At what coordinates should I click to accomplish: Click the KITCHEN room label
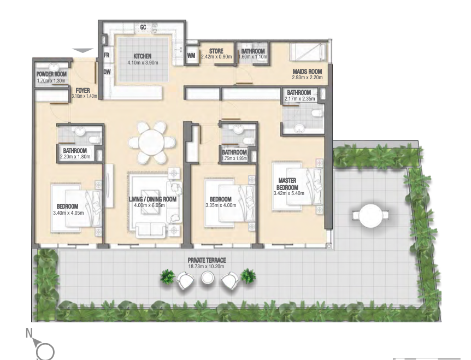(x=143, y=56)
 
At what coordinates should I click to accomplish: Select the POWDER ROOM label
(x=51, y=74)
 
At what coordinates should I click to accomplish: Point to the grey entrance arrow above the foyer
(x=83, y=51)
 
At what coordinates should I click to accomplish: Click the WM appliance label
(x=191, y=56)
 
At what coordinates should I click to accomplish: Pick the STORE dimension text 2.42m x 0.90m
(x=216, y=57)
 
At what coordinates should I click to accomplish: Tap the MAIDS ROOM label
(x=307, y=72)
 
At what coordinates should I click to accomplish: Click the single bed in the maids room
(x=308, y=52)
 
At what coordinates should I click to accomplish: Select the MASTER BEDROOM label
(x=287, y=184)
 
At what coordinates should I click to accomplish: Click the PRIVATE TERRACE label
(x=207, y=261)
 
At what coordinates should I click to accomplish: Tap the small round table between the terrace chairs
(x=207, y=278)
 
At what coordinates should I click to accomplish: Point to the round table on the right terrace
(x=370, y=216)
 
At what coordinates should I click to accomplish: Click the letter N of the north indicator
(x=29, y=333)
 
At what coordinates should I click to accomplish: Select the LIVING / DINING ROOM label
(x=152, y=199)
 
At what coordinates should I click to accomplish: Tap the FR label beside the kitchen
(x=107, y=55)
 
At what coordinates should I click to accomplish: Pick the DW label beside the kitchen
(x=107, y=72)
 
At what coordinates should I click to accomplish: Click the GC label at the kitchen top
(x=143, y=27)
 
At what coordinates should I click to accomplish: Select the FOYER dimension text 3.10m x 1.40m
(x=84, y=96)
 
